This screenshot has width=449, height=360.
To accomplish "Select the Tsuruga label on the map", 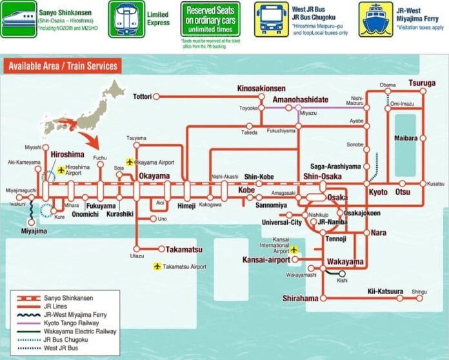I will [422, 83].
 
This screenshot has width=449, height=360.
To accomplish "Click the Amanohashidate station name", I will [301, 99].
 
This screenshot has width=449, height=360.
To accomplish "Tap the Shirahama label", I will [300, 298].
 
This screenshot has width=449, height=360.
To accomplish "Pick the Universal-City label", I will [282, 223].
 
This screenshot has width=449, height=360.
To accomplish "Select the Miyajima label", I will [34, 230].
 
